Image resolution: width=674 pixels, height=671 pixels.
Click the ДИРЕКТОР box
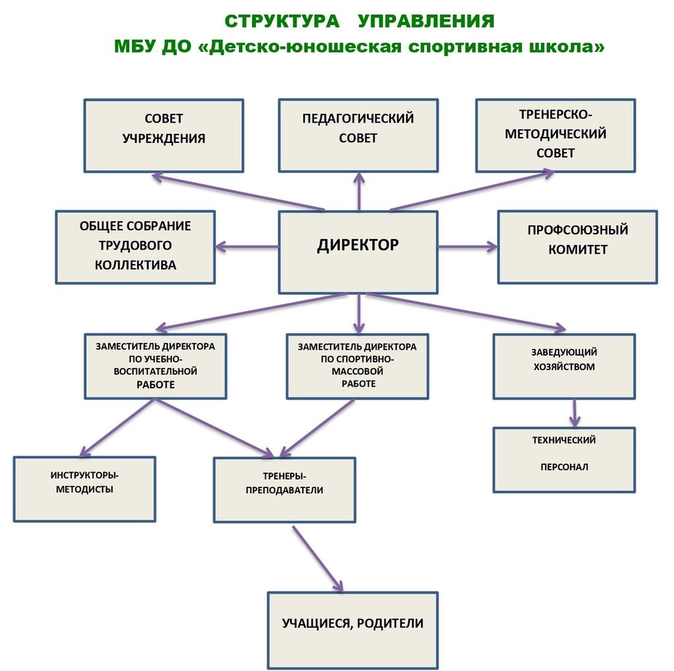(358, 252)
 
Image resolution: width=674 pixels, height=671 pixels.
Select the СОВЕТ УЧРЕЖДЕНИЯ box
(164, 135)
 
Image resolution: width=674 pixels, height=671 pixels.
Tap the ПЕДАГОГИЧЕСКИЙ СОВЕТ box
(358, 135)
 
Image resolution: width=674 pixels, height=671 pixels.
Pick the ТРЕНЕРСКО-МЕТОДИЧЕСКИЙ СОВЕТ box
(556, 135)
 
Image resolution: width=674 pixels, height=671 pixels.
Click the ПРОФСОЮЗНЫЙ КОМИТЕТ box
(577, 247)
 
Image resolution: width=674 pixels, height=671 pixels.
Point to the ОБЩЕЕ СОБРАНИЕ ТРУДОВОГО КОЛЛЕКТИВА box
(136, 247)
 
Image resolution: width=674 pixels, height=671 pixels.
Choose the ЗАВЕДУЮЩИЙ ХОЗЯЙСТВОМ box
(564, 366)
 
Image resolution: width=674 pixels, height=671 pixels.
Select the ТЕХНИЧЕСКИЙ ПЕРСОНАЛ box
(564, 460)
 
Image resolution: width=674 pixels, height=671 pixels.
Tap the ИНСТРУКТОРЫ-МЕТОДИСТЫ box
(84, 489)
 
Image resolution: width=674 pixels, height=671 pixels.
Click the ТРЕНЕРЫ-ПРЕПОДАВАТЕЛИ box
(284, 489)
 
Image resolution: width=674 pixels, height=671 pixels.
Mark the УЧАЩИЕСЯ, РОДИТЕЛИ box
(352, 630)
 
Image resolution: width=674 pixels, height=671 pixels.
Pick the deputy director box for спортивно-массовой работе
(357, 366)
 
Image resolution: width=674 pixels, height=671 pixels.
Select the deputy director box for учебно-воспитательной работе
(155, 366)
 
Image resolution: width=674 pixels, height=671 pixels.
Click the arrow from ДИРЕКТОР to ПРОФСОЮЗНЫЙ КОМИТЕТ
(467, 247)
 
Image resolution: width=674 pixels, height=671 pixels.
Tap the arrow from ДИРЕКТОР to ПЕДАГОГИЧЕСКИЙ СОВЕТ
(359, 192)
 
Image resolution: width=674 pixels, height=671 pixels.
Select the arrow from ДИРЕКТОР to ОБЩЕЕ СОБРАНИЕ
(247, 247)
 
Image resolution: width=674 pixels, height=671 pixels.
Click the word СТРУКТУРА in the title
(282, 21)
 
